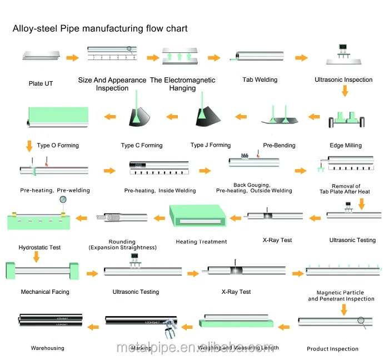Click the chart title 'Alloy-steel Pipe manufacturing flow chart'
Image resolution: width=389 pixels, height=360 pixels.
coord(100,28)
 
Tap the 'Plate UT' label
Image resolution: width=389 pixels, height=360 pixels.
coord(41,83)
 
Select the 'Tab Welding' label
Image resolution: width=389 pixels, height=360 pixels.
coord(260,80)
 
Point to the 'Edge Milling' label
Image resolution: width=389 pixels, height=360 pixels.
coord(345,145)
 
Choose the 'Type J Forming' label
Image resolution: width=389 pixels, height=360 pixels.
coord(210,145)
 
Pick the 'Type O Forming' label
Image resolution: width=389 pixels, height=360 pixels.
coord(58,145)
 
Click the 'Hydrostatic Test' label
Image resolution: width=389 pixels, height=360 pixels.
coord(39,247)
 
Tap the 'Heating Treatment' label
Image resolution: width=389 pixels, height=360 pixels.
coord(201,241)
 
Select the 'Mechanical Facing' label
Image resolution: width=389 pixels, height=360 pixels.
coord(45,292)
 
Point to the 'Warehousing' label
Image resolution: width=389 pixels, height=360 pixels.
coord(47,348)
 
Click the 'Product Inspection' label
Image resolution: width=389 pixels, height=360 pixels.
coord(332,349)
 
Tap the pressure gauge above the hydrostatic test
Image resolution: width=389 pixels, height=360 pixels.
coord(64,200)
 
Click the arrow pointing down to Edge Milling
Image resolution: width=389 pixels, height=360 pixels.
coord(345,91)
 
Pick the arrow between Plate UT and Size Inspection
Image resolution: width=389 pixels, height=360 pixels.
coord(72,57)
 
